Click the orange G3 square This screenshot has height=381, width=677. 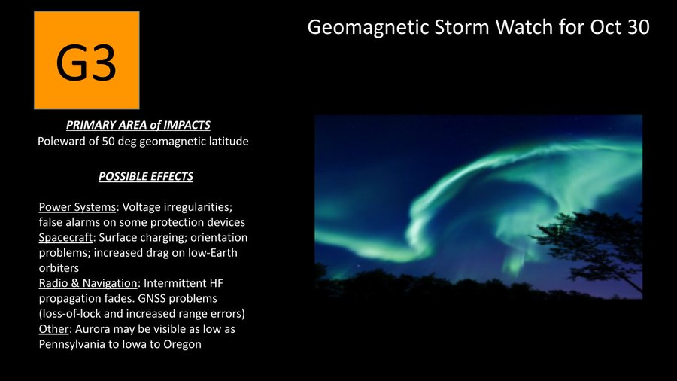[x=87, y=60]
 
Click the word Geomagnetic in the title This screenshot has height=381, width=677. [x=369, y=28]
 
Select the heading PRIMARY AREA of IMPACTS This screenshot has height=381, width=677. [x=138, y=125]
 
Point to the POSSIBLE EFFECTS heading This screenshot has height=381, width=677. [x=146, y=177]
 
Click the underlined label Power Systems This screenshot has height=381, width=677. [x=77, y=207]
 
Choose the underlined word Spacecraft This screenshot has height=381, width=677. [x=65, y=238]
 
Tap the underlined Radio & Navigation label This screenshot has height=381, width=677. [x=88, y=283]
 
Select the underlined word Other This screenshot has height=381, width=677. [x=53, y=329]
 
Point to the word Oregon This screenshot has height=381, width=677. [x=182, y=344]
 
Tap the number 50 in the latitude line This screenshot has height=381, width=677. [x=108, y=142]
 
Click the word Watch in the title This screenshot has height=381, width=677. [x=524, y=27]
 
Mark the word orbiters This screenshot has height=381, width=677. [x=59, y=268]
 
